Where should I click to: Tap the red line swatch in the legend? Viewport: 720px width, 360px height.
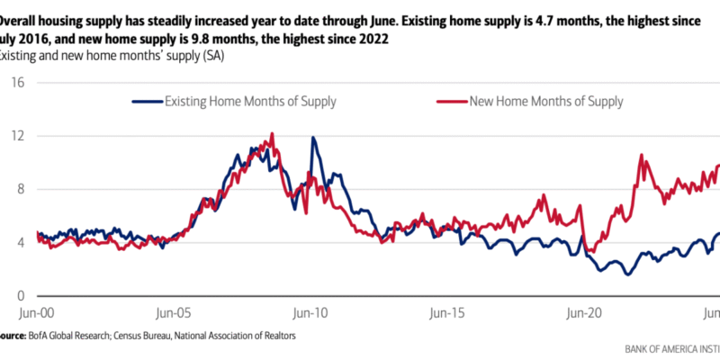452,102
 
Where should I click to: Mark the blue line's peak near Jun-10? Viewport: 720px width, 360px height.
313,138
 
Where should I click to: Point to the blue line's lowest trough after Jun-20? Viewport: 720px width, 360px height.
627,273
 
